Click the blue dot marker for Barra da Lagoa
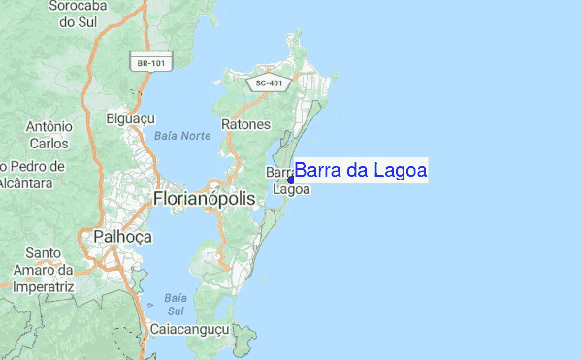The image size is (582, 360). (x=291, y=179)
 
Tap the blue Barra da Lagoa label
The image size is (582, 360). (x=361, y=171)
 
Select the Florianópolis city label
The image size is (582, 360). (x=204, y=198)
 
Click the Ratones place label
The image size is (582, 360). (x=246, y=124)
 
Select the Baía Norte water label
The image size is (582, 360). (x=181, y=135)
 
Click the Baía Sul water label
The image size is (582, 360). (x=175, y=304)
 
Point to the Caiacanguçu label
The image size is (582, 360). (x=189, y=330)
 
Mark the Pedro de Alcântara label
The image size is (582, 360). (x=33, y=173)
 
